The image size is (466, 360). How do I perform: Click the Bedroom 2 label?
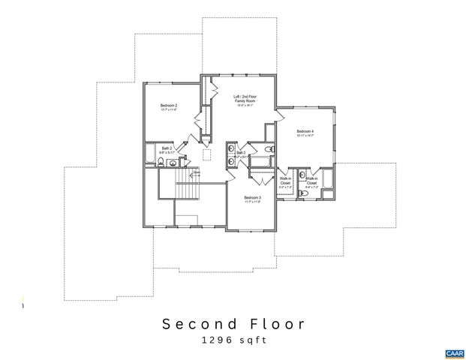[x=169, y=106]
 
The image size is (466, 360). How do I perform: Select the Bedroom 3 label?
[x=251, y=197]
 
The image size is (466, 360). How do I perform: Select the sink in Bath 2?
[x=172, y=162]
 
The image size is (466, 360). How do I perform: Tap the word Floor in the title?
[x=277, y=324]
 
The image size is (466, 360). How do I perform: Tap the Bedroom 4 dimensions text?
[x=305, y=136]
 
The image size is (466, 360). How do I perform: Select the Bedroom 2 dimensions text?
[x=169, y=111]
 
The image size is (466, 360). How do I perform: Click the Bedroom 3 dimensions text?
[x=251, y=202]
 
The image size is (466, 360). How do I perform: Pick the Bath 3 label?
[x=241, y=153]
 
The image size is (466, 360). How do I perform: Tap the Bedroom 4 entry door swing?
[x=279, y=115]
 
